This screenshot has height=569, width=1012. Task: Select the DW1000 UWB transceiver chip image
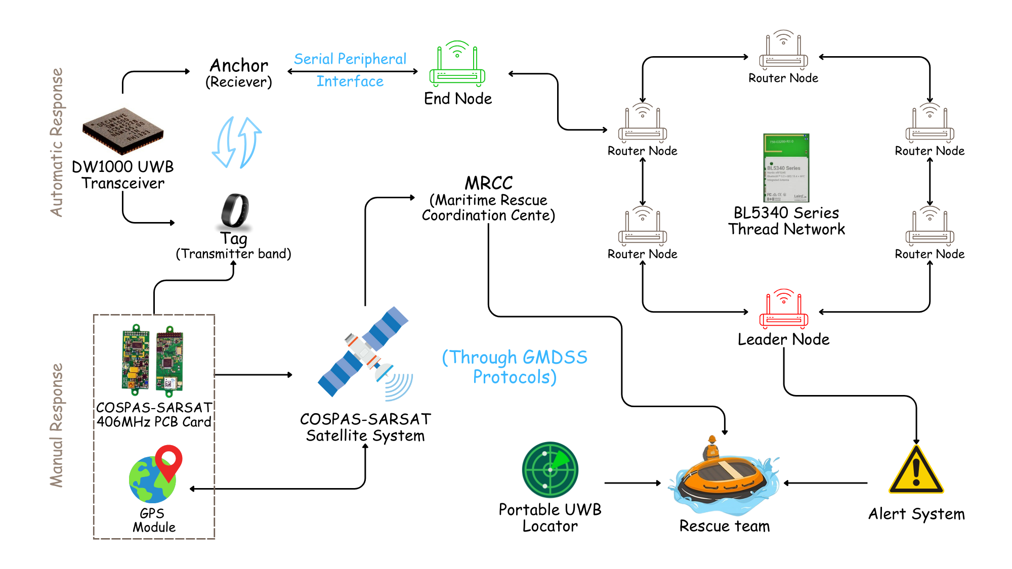point(123,130)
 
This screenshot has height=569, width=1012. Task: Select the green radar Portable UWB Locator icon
point(550,470)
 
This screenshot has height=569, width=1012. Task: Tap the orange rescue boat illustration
point(724,480)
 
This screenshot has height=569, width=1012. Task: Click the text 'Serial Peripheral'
point(350,59)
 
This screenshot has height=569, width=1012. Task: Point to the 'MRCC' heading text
point(489,183)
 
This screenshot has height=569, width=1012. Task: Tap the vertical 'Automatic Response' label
point(57,143)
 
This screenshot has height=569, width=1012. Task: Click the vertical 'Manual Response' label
point(57,425)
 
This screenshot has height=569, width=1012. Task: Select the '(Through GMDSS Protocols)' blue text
point(515,367)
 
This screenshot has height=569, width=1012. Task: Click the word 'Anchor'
point(239,65)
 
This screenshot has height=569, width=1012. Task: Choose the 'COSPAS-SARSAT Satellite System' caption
point(365,427)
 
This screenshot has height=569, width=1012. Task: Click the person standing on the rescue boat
point(712,448)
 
